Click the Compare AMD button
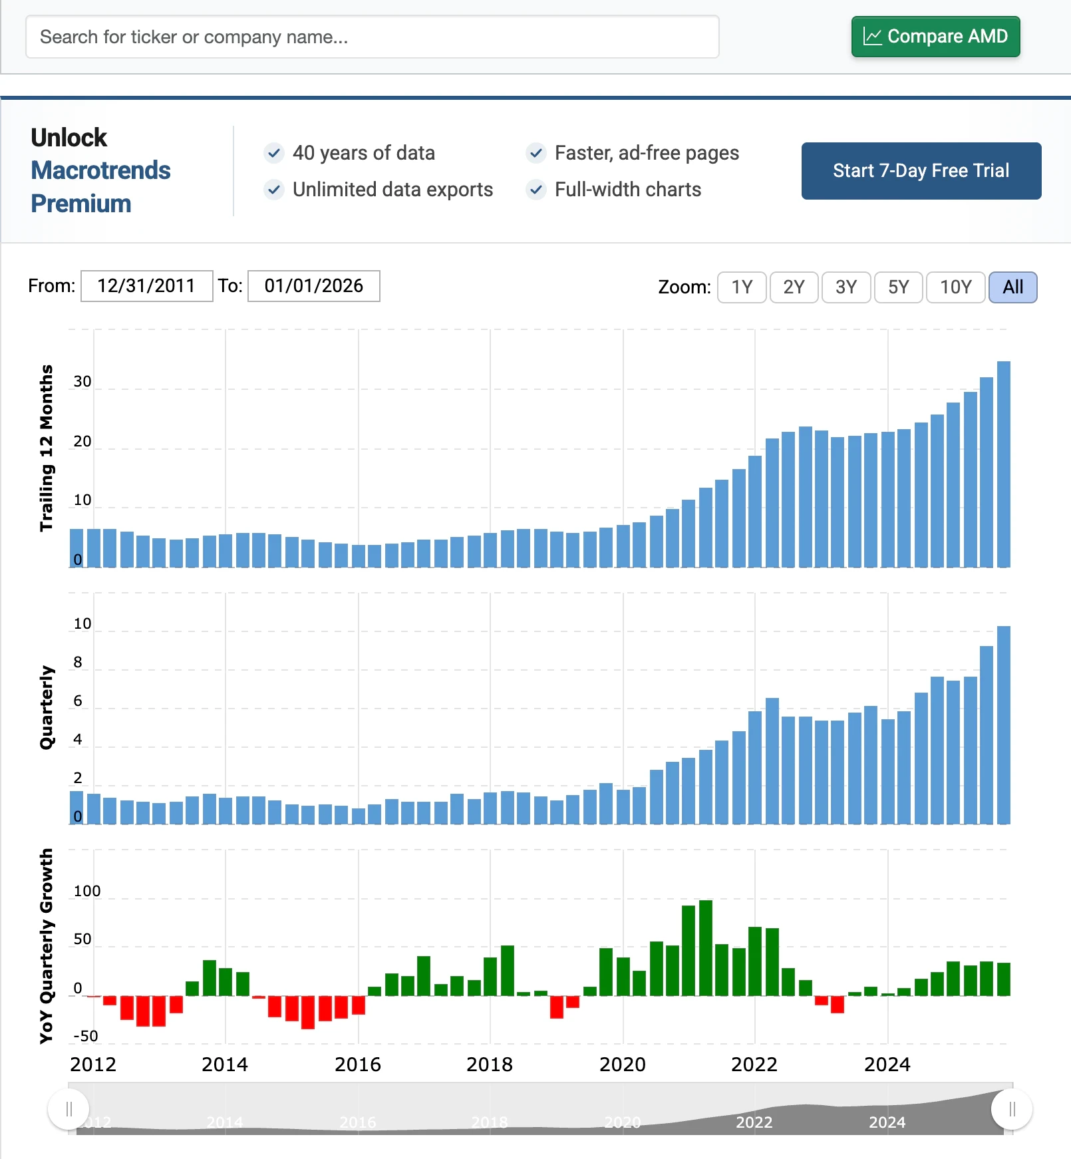935,37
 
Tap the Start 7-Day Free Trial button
921,171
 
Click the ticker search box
372,37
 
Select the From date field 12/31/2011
146,286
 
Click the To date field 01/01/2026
313,286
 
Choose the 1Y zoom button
742,287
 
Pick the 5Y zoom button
898,287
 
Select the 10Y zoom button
955,287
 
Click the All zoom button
1012,287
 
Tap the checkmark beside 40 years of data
274,153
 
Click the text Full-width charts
627,190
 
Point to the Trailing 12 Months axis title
46,448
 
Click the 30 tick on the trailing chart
82,382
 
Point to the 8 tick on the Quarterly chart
78,662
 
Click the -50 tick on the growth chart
86,1036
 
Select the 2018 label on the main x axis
490,1065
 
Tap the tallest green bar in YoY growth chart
706,947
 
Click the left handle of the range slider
69,1109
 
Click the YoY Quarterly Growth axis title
46,946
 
